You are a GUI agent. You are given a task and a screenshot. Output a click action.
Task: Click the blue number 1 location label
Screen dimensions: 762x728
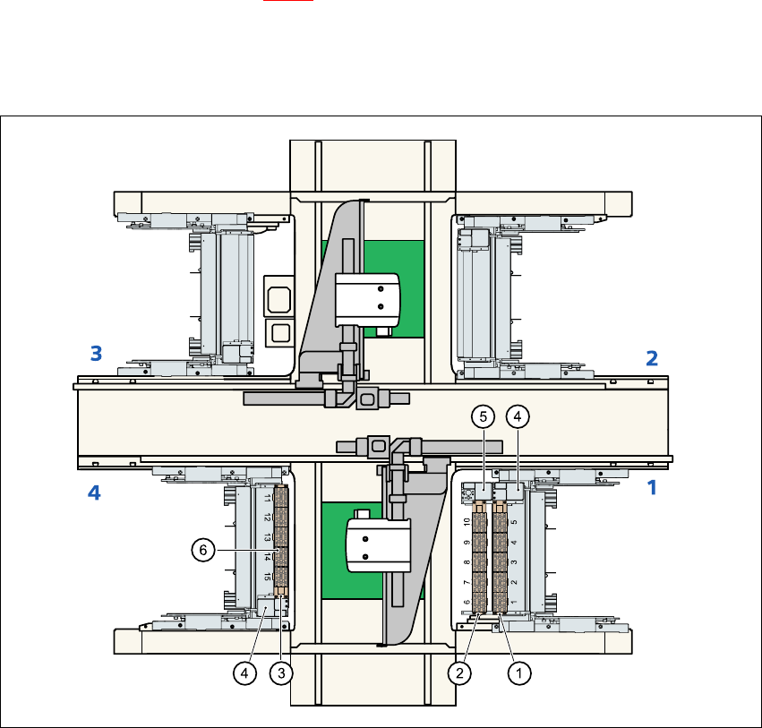coord(652,487)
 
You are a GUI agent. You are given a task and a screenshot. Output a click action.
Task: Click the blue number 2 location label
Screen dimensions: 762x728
coord(652,359)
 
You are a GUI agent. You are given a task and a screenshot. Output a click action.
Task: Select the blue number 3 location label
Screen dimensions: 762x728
coord(96,354)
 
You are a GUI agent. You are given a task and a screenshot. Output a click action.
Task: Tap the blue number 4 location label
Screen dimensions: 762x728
coord(94,492)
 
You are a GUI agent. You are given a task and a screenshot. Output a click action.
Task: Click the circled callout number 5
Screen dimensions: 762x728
coord(483,416)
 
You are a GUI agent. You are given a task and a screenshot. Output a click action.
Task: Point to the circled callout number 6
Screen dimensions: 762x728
coord(203,550)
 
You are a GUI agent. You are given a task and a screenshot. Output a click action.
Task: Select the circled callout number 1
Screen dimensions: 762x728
coord(519,673)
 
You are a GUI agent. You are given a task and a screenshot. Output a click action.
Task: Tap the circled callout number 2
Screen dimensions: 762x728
coord(459,673)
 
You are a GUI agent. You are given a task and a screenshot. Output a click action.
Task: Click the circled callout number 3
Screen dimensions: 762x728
coord(281,673)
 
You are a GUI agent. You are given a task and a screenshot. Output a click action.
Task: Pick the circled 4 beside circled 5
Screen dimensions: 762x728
coord(518,416)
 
